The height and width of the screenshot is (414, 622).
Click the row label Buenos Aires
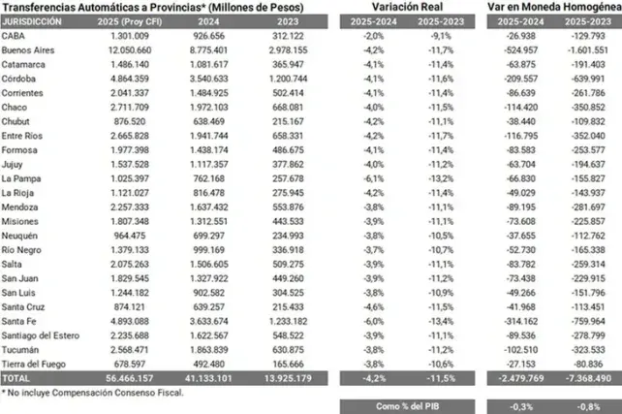tap(28, 50)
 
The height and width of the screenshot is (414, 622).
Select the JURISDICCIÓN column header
tap(32, 22)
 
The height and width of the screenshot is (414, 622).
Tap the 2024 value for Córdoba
tap(208, 79)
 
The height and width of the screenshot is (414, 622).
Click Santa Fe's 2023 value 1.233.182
tap(288, 322)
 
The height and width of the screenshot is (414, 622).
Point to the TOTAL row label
tap(16, 378)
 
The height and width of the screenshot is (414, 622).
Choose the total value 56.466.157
tap(130, 378)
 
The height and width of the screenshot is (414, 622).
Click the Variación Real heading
tap(407, 7)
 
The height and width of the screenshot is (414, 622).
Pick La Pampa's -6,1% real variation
tap(374, 178)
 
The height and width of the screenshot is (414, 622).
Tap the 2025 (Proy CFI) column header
tap(130, 22)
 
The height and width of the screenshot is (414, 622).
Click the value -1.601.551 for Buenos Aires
tap(587, 50)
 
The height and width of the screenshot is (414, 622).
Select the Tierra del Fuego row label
tap(34, 365)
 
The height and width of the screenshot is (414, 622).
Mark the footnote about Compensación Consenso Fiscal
tap(92, 393)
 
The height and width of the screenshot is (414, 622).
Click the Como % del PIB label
tap(407, 406)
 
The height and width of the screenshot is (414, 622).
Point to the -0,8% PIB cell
tap(588, 407)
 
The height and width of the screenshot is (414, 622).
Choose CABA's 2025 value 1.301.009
tap(130, 36)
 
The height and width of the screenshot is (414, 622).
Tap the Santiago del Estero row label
tap(41, 335)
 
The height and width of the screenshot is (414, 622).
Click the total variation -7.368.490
tap(588, 378)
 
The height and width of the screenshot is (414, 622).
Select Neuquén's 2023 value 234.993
tap(288, 236)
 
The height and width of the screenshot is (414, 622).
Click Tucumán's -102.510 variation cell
tap(521, 350)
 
